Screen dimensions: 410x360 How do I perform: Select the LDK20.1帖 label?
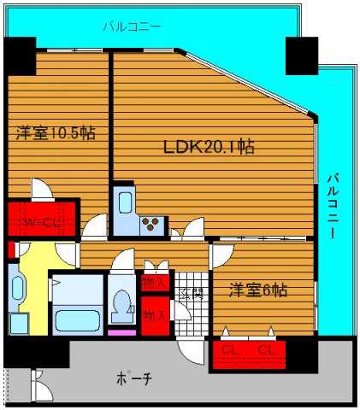pyautogui.click(x=210, y=146)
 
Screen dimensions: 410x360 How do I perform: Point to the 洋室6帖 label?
pyautogui.click(x=257, y=290)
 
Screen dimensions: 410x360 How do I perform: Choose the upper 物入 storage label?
pyautogui.click(x=156, y=280)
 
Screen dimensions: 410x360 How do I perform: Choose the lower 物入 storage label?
pyautogui.click(x=156, y=315)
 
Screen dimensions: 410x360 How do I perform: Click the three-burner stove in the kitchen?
pyautogui.click(x=152, y=225)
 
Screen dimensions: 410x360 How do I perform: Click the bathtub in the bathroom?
pyautogui.click(x=76, y=321)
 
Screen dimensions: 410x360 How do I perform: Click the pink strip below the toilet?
pyautogui.click(x=122, y=331)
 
